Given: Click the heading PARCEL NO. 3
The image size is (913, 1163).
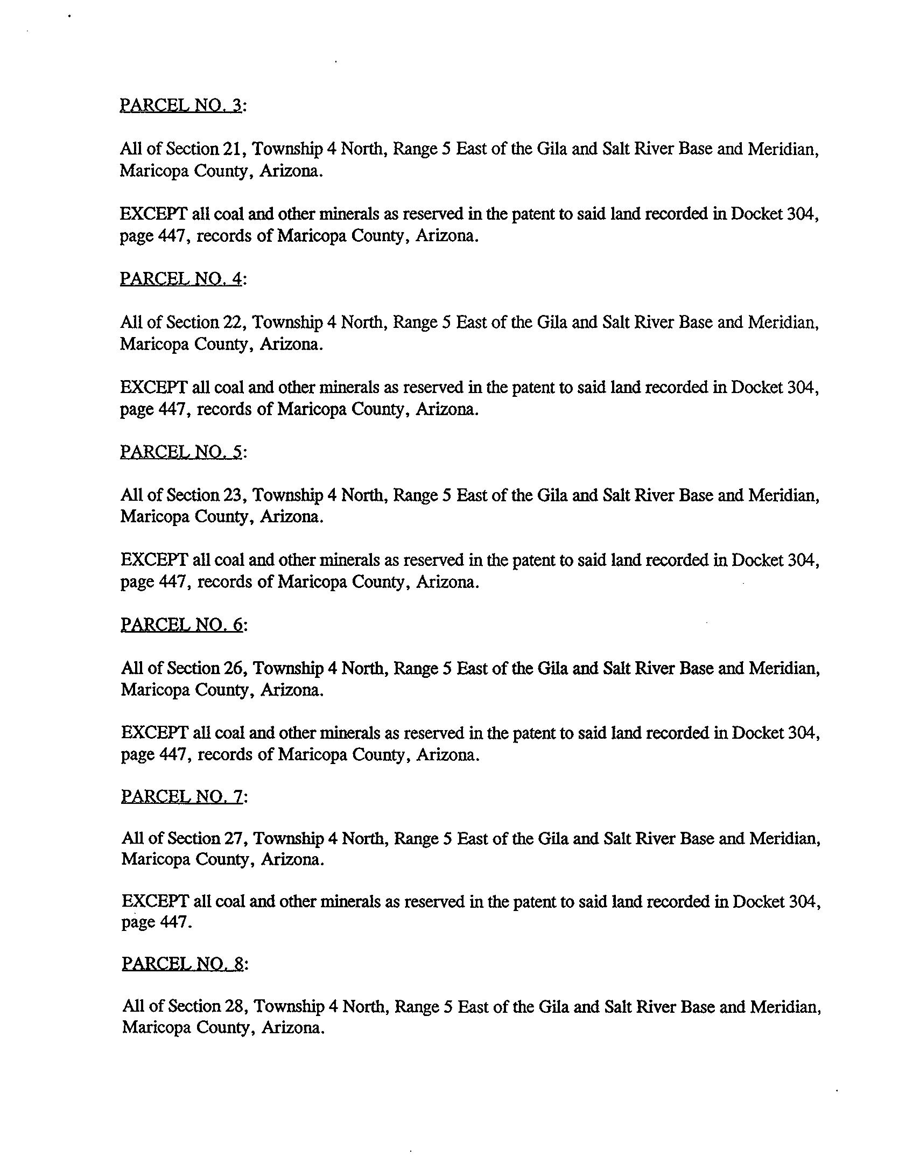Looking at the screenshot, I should (181, 105).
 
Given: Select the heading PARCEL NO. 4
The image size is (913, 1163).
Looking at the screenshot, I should (181, 278).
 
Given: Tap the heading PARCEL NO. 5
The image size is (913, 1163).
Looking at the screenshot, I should (181, 451).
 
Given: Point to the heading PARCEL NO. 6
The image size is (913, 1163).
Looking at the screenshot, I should (182, 625).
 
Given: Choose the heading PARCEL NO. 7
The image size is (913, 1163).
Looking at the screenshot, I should (182, 796).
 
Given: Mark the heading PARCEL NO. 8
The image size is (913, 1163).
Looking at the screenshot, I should (183, 964).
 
